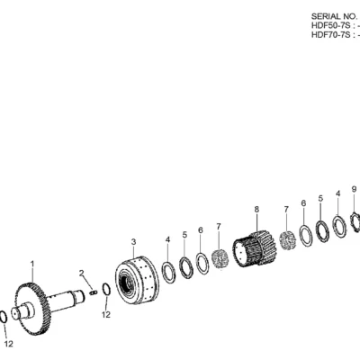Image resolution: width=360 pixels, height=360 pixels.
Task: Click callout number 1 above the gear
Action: coord(32,264)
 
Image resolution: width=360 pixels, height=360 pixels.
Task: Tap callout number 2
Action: coord(82,273)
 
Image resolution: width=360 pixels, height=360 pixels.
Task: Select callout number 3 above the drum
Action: coord(133,241)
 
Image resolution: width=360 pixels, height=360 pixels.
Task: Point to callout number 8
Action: coord(256,209)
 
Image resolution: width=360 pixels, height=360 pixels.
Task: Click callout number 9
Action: coord(354,189)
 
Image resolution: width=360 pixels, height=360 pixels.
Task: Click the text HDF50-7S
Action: coord(330,25)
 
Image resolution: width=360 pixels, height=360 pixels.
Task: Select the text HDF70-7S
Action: coord(330,35)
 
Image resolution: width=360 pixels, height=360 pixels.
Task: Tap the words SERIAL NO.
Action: coord(330,16)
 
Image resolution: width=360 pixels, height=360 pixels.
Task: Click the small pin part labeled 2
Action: coord(94,292)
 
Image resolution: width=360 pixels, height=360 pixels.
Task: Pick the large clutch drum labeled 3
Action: coord(137,280)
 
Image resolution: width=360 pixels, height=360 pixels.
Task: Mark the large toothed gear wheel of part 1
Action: coord(32,309)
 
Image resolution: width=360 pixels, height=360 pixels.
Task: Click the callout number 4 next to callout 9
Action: coord(338,193)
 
